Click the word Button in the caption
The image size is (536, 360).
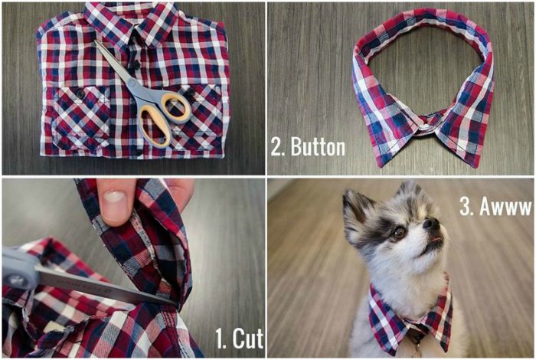(318, 147)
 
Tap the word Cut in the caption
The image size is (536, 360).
(248, 339)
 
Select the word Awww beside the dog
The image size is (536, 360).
(506, 206)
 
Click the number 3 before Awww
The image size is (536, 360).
(465, 206)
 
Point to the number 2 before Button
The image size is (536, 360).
(277, 147)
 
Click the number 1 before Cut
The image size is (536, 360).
(220, 339)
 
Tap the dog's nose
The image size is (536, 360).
(431, 224)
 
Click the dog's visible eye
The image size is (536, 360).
(399, 233)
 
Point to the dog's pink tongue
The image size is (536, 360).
(435, 241)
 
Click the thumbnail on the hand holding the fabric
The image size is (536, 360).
(115, 198)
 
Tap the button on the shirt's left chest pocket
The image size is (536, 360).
(80, 93)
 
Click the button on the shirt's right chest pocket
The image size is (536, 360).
(189, 92)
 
